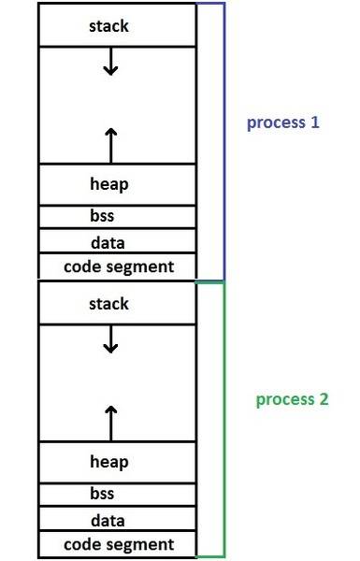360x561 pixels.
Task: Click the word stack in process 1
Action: [x=108, y=26]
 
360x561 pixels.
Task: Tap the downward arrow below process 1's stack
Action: [x=110, y=61]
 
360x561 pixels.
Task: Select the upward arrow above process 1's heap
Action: [x=111, y=146]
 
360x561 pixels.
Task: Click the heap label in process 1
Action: [x=109, y=184]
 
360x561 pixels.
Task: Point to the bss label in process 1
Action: [x=102, y=215]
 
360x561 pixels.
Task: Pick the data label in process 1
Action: [x=108, y=243]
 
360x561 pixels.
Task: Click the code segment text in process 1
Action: [x=119, y=266]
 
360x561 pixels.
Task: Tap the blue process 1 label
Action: [x=282, y=122]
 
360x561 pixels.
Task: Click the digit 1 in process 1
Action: [x=315, y=122]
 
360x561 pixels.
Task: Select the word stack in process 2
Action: [x=108, y=304]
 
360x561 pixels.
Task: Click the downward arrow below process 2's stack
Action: [x=110, y=338]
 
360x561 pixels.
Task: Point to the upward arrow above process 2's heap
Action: [x=111, y=424]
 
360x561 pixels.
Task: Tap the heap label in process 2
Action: [x=109, y=462]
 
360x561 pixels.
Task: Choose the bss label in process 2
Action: [x=102, y=494]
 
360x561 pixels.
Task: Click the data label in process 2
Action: [x=108, y=521]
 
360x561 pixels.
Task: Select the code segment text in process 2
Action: [x=119, y=545]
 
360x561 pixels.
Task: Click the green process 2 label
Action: [x=292, y=400]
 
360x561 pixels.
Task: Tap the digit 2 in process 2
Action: [x=324, y=399]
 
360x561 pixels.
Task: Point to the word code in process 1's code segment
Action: [x=82, y=266]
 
